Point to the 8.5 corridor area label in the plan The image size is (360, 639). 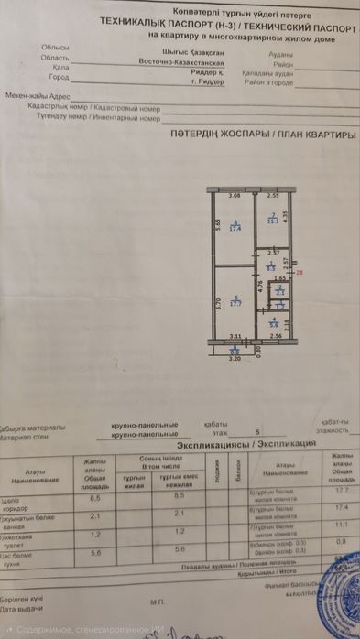point(271,267)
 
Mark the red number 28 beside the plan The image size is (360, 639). point(299,272)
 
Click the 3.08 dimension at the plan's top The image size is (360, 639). point(234,196)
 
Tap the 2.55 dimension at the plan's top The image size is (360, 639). point(272,196)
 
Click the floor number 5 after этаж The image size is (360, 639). point(257,430)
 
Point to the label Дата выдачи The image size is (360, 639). point(19,609)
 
